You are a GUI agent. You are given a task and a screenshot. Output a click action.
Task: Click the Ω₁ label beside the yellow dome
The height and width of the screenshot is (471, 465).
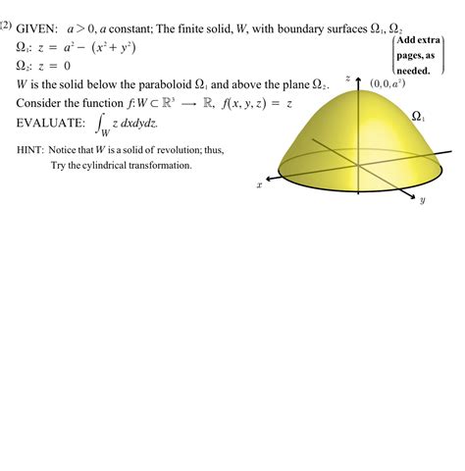pos(418,116)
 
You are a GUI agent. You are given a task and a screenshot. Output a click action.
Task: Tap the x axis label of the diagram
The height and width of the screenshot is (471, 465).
pos(260,183)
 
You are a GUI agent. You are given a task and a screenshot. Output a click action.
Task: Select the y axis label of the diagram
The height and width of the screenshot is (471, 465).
pos(421,200)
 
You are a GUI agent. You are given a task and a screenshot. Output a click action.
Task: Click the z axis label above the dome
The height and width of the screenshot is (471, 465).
pos(347,77)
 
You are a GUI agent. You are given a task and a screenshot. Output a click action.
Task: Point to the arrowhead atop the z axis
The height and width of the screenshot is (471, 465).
pos(358,71)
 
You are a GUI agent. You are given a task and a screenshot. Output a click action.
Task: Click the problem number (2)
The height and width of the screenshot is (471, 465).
pos(7,26)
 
